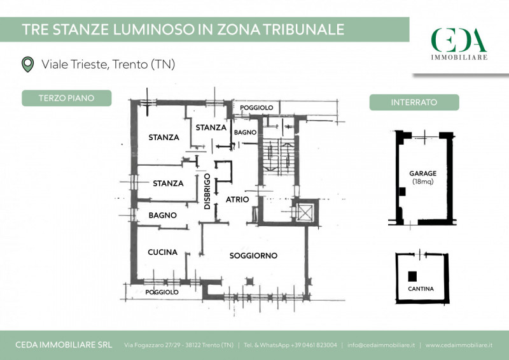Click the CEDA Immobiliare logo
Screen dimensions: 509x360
[x=459, y=44]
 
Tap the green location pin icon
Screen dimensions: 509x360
[x=27, y=64]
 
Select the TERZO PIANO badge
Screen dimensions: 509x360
[x=67, y=98]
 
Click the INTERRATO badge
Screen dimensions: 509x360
[x=414, y=102]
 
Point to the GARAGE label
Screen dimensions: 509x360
[x=422, y=173]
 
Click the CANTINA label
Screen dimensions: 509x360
[x=421, y=289]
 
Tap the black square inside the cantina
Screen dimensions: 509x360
[x=412, y=276]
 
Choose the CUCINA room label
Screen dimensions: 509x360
[x=162, y=252]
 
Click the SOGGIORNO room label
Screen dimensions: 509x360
[x=253, y=256]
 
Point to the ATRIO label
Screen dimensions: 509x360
[x=237, y=199]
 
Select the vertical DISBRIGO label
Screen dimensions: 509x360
[x=207, y=191]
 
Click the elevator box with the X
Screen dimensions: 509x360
[x=305, y=212]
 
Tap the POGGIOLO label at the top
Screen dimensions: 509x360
[x=256, y=108]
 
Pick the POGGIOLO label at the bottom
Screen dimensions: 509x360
[x=162, y=292]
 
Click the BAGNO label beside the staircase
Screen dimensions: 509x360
[x=245, y=133]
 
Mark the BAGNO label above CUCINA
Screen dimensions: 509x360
[x=162, y=215]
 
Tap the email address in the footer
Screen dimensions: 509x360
[x=380, y=345]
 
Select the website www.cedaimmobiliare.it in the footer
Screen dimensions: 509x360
[x=459, y=345]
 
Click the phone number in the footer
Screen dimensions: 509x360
[x=314, y=345]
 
